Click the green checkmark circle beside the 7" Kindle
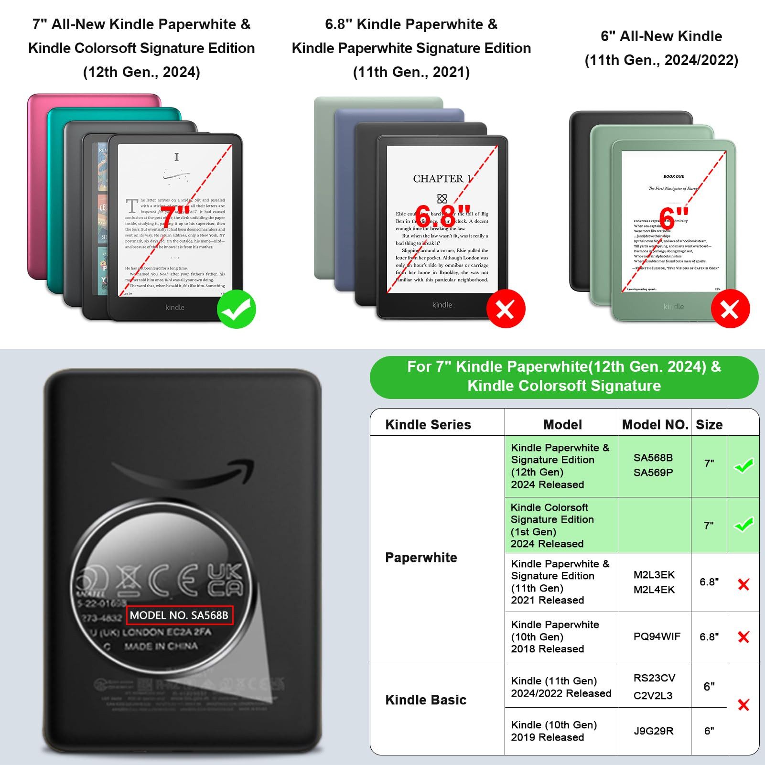coord(237,309)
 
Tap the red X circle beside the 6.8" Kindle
coord(506,309)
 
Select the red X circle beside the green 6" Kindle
coord(730,309)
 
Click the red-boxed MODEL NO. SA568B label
coord(179,615)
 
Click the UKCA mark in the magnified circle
coord(225,580)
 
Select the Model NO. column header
coord(655,424)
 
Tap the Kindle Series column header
coord(428,424)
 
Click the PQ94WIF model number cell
coord(657,636)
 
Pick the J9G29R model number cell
coord(653,731)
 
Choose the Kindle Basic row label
coord(426,700)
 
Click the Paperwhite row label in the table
coord(421,557)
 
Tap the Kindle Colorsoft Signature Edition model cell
coord(552,525)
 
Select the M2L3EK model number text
coord(654,575)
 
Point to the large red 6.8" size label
coord(442,216)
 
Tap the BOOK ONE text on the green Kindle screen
coord(673,176)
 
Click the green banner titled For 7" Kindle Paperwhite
coord(564,377)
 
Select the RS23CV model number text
coord(654,678)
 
